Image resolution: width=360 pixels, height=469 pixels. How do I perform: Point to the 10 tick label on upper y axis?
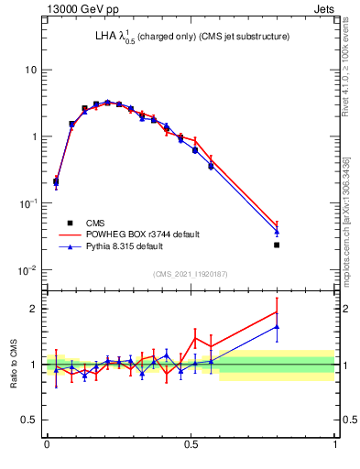[x=31, y=71]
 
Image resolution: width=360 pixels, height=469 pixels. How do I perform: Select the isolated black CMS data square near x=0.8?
[x=277, y=245]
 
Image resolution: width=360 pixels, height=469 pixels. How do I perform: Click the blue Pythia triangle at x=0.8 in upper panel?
[x=277, y=231]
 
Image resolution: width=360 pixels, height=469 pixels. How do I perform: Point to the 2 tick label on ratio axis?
[x=34, y=309]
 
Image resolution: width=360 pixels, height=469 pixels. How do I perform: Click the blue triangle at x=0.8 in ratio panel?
[x=277, y=326]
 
